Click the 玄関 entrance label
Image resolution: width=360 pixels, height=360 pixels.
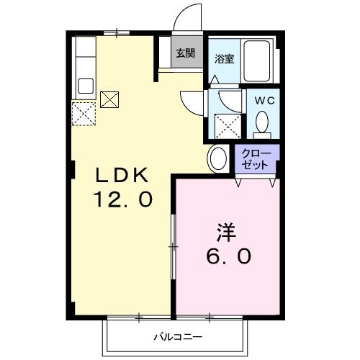click(185, 53)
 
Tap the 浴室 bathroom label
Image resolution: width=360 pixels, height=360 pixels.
click(224, 59)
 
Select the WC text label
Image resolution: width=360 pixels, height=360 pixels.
click(264, 101)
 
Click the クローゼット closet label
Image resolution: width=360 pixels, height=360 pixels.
click(256, 159)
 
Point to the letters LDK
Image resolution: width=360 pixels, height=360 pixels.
click(122, 176)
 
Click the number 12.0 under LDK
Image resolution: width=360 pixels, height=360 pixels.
click(124, 199)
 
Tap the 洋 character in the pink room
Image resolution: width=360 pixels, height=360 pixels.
click(227, 232)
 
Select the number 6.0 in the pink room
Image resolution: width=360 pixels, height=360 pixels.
click(229, 256)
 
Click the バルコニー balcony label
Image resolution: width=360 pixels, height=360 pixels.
click(178, 337)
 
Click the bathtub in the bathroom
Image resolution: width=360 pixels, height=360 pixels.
click(257, 61)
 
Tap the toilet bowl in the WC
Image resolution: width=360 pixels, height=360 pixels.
click(262, 121)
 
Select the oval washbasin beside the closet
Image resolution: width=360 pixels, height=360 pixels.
click(218, 158)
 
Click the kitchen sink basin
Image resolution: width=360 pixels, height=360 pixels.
click(86, 86)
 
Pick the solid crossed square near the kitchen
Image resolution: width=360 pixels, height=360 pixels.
click(109, 99)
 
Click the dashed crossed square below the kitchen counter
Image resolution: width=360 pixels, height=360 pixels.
click(84, 114)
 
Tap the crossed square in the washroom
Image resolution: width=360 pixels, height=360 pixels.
click(228, 126)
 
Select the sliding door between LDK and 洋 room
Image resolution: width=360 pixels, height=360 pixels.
click(174, 247)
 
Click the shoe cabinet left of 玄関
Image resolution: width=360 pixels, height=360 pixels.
click(165, 52)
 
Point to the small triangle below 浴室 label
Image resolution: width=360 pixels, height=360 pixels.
click(215, 79)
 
